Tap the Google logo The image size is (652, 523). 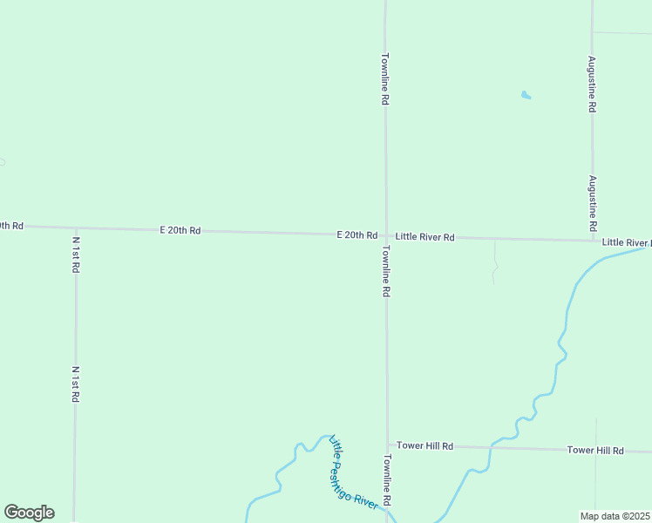coord(29,513)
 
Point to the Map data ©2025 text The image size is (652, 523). coord(615,516)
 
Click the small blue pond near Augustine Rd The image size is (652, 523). coord(526,95)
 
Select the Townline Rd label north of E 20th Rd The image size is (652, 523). coord(384,79)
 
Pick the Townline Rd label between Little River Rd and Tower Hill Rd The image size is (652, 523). coord(384,271)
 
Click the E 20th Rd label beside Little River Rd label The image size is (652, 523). coord(357,235)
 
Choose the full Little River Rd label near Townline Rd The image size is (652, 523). coord(424,237)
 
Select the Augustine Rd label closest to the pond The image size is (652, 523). coord(592,84)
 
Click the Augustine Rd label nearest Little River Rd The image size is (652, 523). coord(592,202)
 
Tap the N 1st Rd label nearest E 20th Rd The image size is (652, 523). coord(76,255)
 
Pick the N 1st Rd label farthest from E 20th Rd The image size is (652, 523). coord(76,384)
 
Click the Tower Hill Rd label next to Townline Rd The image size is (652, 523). coord(425,446)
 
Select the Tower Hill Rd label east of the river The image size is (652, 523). coord(595,451)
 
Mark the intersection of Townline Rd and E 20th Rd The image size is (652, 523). coord(385,235)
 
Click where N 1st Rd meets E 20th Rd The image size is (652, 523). coord(76,228)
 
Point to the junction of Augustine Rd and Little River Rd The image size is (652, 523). coord(593,240)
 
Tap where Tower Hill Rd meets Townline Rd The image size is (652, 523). coord(386,445)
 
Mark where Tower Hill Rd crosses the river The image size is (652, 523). coord(491,448)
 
